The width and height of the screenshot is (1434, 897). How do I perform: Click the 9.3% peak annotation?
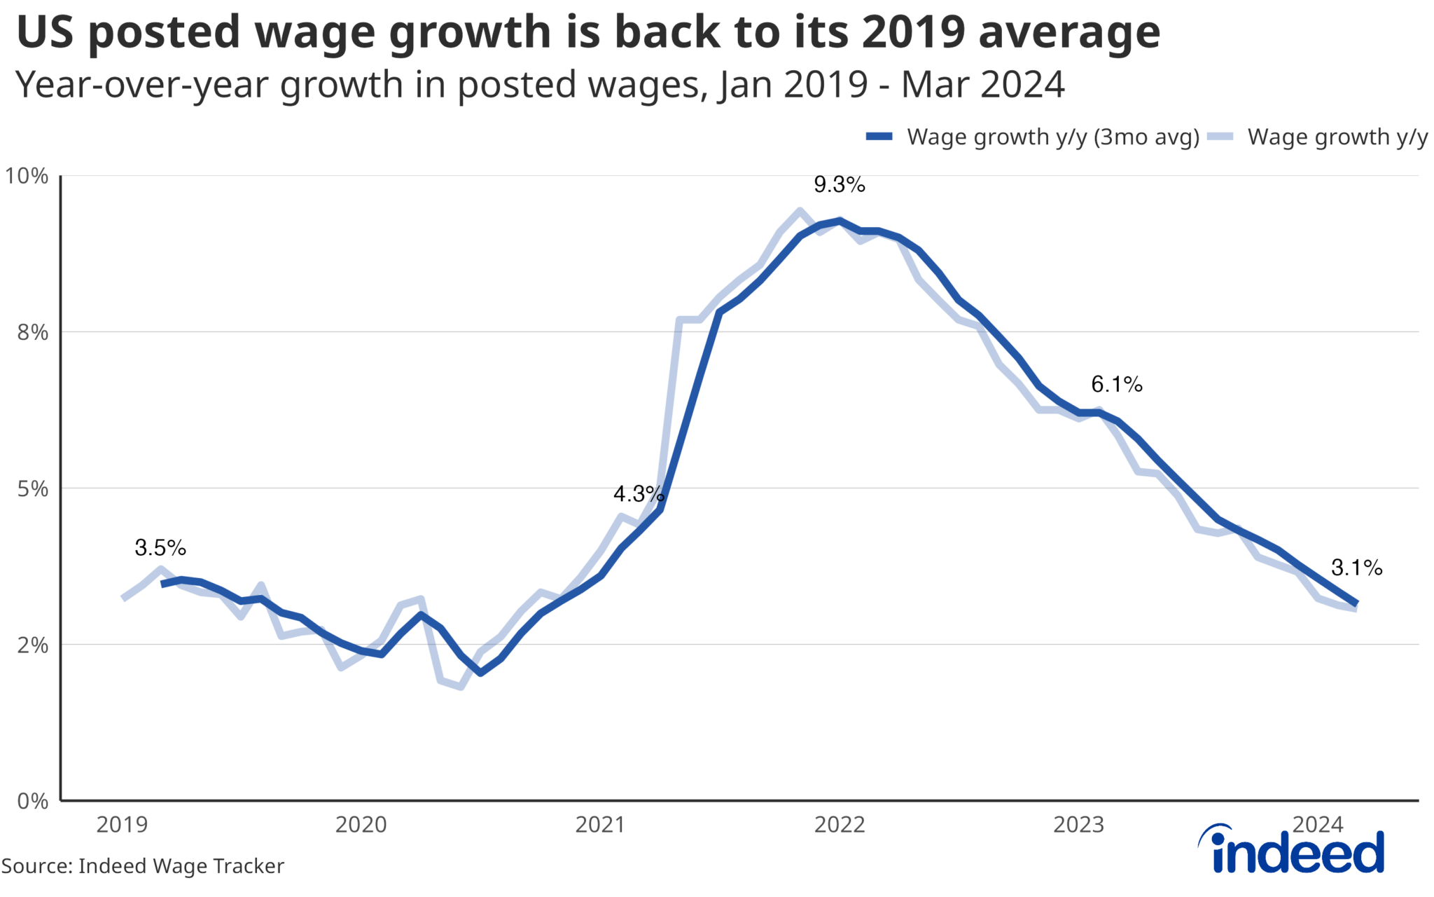tap(839, 185)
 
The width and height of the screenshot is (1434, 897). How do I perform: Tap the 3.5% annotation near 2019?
tap(160, 548)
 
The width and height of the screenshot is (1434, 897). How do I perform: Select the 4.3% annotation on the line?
tap(638, 494)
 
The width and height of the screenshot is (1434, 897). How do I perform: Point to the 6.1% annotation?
tap(1116, 385)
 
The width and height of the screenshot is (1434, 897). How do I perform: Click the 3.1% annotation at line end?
tap(1356, 568)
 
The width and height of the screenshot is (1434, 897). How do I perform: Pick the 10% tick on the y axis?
tap(27, 176)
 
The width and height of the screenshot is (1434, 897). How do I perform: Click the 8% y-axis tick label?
tap(32, 332)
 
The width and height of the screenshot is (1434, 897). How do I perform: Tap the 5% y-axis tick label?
tap(32, 488)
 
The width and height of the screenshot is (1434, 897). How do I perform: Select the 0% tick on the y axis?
tap(32, 801)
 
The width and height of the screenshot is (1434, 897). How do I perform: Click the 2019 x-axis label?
tap(122, 825)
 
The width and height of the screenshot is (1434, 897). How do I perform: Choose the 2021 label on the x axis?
tap(600, 825)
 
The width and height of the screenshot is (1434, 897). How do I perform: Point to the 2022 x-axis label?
tap(840, 825)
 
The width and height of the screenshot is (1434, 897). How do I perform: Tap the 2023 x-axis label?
tap(1078, 825)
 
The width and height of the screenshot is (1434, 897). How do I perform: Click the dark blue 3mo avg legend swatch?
tap(879, 137)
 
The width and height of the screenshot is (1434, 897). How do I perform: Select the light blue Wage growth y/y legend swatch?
tap(1220, 137)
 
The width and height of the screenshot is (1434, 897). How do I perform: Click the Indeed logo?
tap(1291, 849)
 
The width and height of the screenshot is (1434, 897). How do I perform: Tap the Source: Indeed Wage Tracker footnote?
tap(143, 866)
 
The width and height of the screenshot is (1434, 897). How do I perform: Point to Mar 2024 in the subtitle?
tap(982, 85)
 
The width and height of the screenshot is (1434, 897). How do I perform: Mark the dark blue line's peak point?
tap(840, 221)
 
